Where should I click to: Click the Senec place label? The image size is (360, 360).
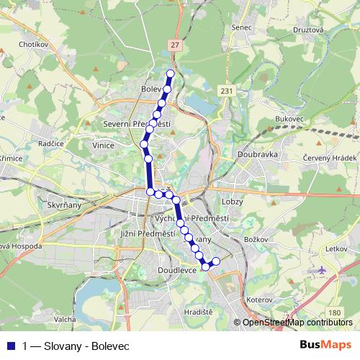tap(242, 27)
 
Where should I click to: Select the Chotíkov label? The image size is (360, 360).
tap(34, 43)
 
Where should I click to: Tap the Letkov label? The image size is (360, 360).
tap(336, 248)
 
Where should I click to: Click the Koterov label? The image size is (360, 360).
tap(259, 298)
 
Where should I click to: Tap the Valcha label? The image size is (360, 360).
tap(65, 318)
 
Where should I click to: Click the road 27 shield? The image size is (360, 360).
tap(176, 45)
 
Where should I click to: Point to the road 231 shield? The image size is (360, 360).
tap(228, 91)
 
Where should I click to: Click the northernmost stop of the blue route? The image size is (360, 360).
tap(171, 73)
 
